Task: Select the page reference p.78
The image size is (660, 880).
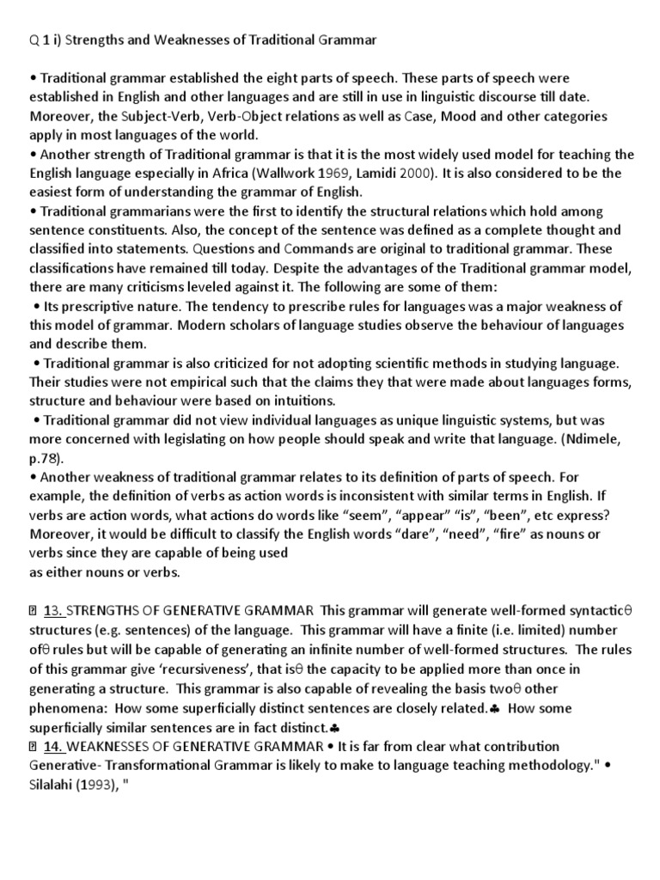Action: click(x=49, y=459)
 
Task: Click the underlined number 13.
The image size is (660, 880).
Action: click(x=53, y=612)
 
